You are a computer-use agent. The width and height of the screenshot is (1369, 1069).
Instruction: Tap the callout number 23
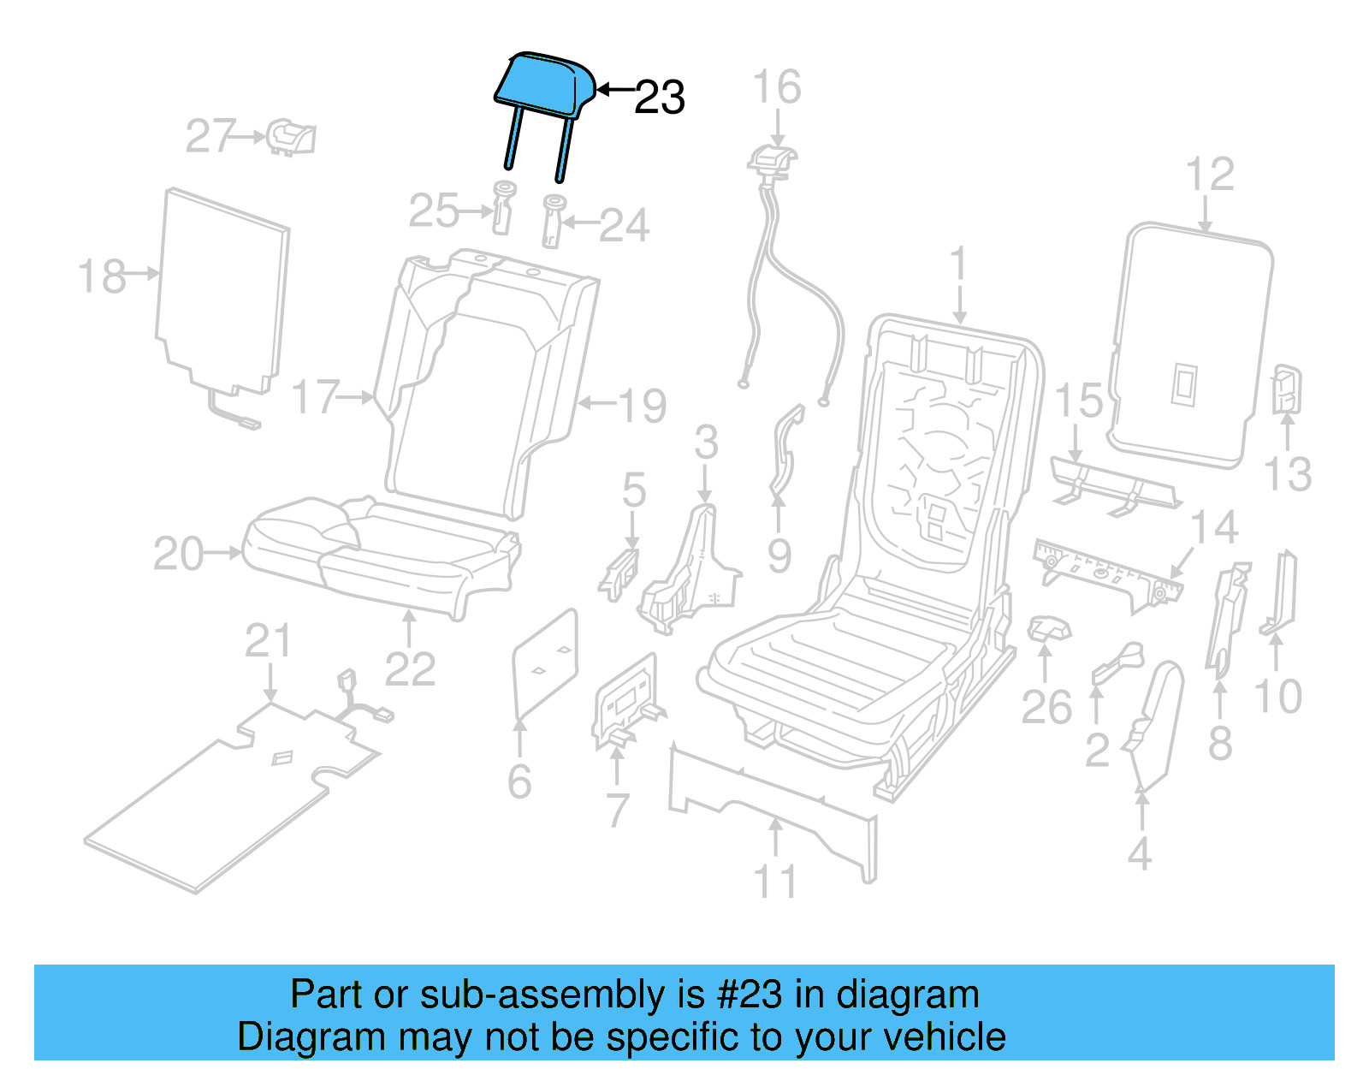tap(659, 98)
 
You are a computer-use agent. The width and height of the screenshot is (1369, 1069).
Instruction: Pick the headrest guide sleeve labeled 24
tap(553, 220)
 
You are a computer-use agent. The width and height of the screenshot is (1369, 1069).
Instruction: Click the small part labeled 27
tap(291, 137)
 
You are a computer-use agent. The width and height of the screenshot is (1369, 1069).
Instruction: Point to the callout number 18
tap(102, 276)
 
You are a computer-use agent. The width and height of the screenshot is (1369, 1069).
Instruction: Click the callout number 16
tap(776, 87)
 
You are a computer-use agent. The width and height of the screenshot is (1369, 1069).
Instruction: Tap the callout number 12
tap(1210, 174)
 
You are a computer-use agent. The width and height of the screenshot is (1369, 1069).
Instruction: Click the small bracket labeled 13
tap(1285, 389)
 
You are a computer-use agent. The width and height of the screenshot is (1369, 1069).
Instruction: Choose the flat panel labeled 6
tap(545, 664)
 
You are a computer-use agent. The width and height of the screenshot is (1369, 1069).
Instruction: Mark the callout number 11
tap(774, 881)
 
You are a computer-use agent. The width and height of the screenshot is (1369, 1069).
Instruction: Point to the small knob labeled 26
tap(1048, 629)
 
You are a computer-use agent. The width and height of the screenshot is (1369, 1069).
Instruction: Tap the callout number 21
tap(268, 640)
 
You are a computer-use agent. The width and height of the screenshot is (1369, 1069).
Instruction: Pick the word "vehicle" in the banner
tap(945, 1036)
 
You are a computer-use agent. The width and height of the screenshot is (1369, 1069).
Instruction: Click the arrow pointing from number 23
tap(614, 89)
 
